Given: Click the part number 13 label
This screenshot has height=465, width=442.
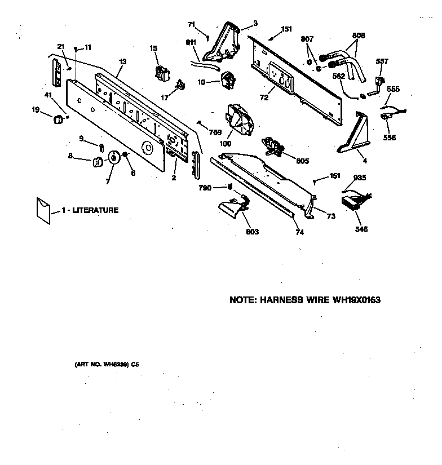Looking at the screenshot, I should pos(122,61).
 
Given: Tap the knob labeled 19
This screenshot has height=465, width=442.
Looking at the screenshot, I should pos(57,119).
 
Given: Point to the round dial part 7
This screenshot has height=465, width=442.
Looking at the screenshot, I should pos(115,158).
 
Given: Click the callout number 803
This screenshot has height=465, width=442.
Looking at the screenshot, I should pos(252,232).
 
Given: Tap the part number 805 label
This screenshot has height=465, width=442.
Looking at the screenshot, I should pos(302,161).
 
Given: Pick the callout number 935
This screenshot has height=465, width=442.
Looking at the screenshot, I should pos(359,177).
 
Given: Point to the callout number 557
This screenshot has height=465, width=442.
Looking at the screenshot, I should pos(382,61).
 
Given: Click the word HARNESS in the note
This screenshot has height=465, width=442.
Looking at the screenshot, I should pos(282,300).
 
